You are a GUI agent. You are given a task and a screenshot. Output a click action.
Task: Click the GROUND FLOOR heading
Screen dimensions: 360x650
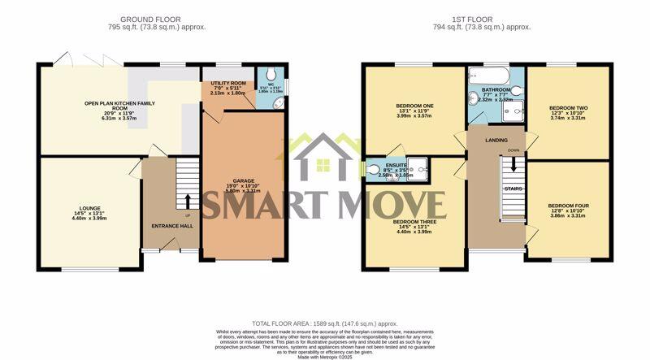tap(150, 19)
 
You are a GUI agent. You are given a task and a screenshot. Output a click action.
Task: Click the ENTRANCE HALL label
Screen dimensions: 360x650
tap(172, 225)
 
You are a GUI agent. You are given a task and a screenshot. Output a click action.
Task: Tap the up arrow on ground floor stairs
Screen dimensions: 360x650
tap(188, 200)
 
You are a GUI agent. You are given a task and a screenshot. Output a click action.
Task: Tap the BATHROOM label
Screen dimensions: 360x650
tap(496, 90)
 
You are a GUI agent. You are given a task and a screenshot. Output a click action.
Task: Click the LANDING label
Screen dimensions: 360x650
tap(496, 141)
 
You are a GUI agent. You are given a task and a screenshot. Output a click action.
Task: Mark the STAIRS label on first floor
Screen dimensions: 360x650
tap(513, 189)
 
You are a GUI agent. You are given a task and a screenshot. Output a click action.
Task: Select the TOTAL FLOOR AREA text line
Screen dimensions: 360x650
tap(325, 324)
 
